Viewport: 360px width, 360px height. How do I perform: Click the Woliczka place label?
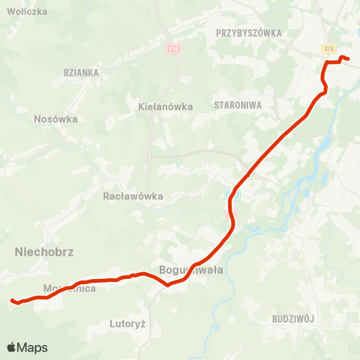(26, 12)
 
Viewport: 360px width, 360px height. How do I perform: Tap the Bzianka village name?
(82, 73)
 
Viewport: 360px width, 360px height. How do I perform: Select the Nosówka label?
(56, 118)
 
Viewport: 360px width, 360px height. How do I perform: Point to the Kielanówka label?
(166, 106)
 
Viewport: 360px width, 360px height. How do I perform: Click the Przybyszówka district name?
(247, 33)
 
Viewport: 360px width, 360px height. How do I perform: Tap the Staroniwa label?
(238, 106)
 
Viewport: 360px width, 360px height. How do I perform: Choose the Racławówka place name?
(133, 196)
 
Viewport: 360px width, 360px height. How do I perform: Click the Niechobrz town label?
(44, 253)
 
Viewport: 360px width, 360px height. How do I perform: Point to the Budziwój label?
(293, 318)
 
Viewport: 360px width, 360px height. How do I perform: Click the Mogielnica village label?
(69, 289)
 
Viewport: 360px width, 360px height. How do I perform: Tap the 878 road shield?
(328, 48)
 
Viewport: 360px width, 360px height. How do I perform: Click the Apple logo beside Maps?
(12, 347)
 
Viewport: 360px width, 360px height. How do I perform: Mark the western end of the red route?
(12, 301)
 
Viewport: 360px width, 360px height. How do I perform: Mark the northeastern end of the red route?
(349, 59)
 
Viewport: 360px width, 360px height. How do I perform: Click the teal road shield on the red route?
(231, 195)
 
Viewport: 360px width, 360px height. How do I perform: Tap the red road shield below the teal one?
(231, 214)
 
